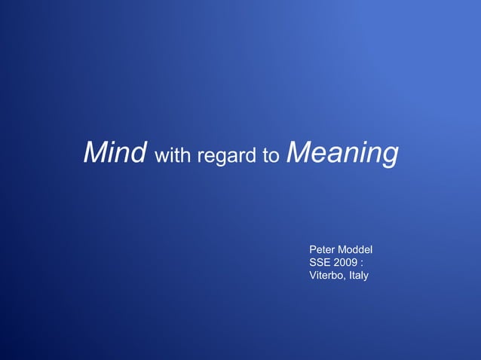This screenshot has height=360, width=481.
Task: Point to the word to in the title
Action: tap(271, 157)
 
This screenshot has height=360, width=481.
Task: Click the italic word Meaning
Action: tap(342, 153)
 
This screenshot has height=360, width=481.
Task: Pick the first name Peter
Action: tap(323, 249)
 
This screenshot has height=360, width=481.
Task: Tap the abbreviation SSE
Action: tap(320, 263)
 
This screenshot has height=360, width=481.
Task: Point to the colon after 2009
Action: tap(362, 264)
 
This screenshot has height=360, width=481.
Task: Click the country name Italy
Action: tap(358, 276)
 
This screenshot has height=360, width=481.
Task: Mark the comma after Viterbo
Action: tap(345, 279)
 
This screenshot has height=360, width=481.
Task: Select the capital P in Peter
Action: tap(313, 249)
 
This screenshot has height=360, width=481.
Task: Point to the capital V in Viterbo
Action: tap(313, 276)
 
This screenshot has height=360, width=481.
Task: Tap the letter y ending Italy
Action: tap(366, 277)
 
